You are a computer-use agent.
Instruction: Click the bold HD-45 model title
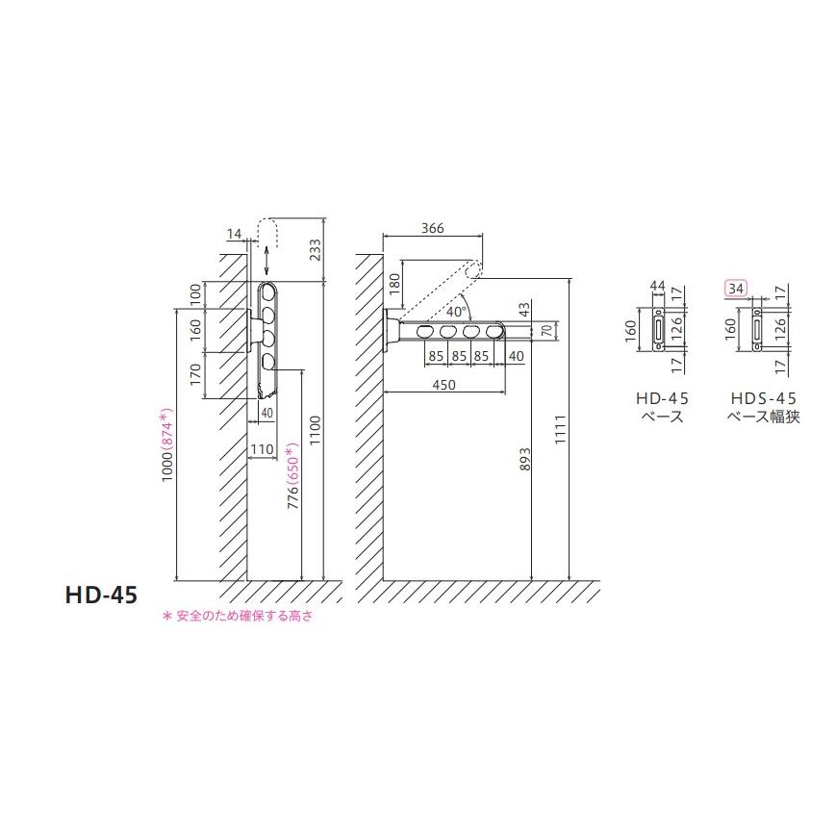pos(101,595)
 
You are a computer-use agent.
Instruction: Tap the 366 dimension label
pos(432,228)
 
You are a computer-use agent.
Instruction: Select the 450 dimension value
pos(444,385)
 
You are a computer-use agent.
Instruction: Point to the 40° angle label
pos(457,312)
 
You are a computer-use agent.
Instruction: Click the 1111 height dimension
pos(560,430)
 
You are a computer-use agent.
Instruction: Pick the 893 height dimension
pos(525,459)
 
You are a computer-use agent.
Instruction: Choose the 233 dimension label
pos(316,249)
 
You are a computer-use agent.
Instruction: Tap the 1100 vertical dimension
pos(316,431)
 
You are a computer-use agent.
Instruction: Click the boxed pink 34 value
pos(736,289)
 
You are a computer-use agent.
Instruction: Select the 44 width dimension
pos(657,287)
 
